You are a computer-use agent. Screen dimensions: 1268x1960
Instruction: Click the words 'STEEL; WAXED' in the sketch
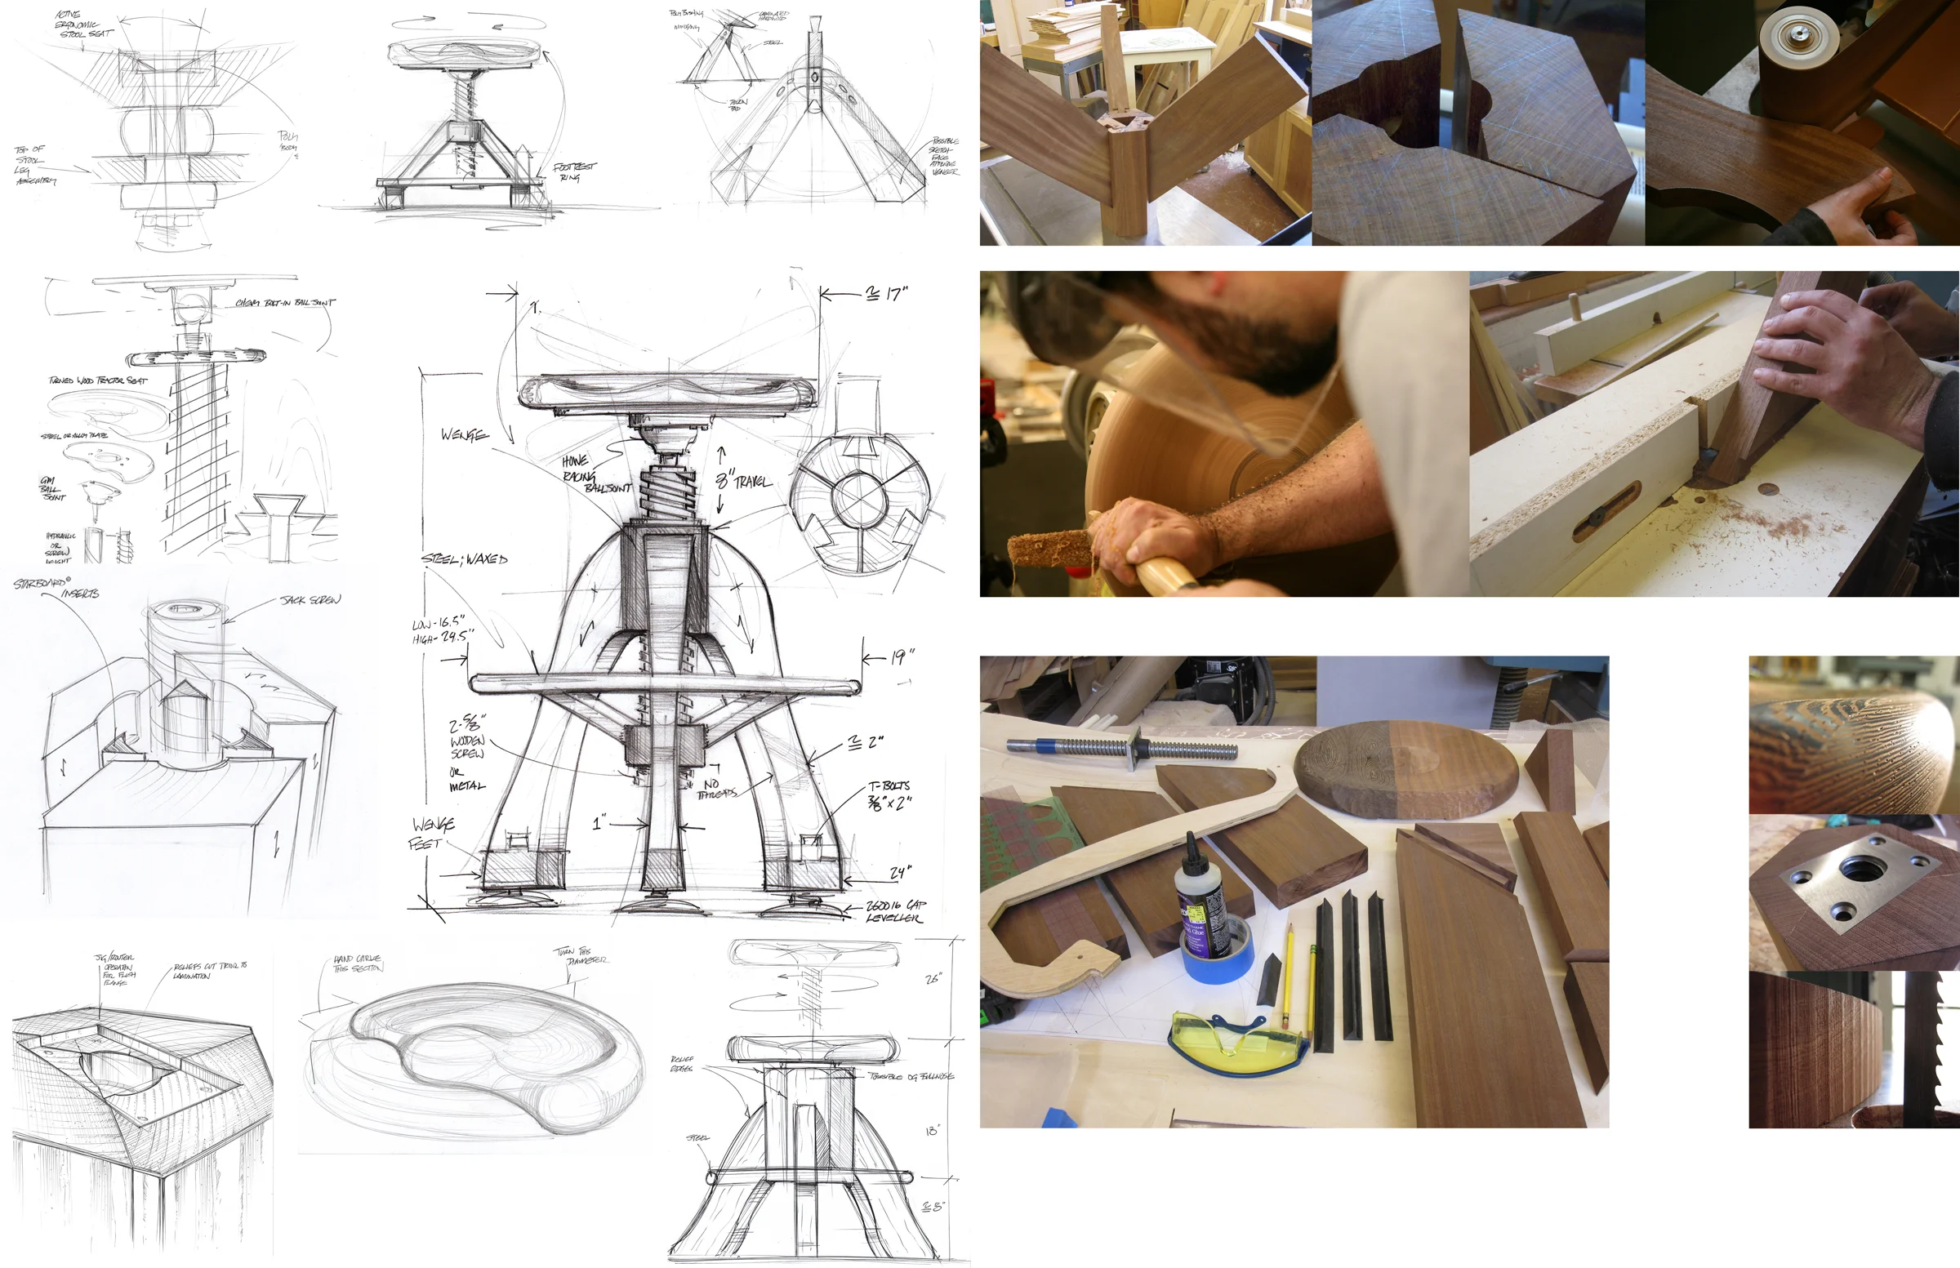(465, 559)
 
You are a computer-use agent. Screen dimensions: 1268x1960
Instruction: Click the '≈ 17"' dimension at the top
(886, 294)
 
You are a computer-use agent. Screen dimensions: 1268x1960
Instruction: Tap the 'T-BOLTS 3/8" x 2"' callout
(889, 794)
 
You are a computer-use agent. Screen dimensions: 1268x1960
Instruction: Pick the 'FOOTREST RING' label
(574, 171)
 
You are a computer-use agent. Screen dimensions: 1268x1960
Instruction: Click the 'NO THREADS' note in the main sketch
(715, 789)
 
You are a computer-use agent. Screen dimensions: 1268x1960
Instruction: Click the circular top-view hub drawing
(859, 497)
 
